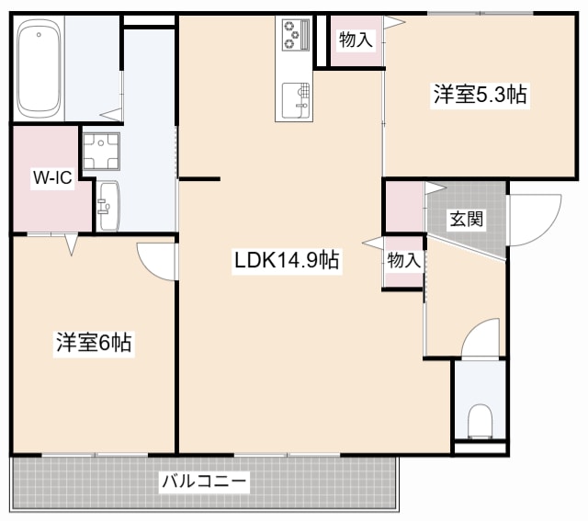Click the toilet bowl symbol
point(480,423)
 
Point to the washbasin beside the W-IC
point(107,203)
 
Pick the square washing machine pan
point(101,152)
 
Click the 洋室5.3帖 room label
point(480,94)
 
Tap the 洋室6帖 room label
point(93,344)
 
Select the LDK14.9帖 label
point(287,260)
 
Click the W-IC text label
point(52,177)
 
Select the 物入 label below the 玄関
point(402,260)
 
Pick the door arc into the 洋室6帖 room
point(156,260)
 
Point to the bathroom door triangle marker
point(111,114)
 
